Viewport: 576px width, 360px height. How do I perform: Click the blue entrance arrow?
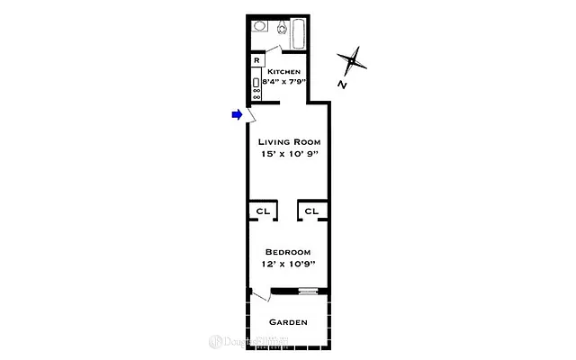(x=237, y=114)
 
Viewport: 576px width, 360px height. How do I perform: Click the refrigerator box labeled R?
(x=256, y=60)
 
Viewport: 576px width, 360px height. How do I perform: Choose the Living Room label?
(x=289, y=142)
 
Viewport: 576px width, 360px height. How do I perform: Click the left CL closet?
(x=263, y=211)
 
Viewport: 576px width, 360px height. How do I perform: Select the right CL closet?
(x=311, y=211)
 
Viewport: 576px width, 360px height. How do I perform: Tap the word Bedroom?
(x=288, y=251)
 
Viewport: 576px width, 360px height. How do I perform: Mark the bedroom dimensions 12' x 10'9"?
(x=288, y=264)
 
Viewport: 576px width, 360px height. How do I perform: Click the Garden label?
(x=288, y=322)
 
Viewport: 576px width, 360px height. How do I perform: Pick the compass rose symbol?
(x=354, y=61)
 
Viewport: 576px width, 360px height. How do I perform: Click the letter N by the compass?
(x=343, y=85)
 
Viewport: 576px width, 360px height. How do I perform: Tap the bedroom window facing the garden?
(x=308, y=290)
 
